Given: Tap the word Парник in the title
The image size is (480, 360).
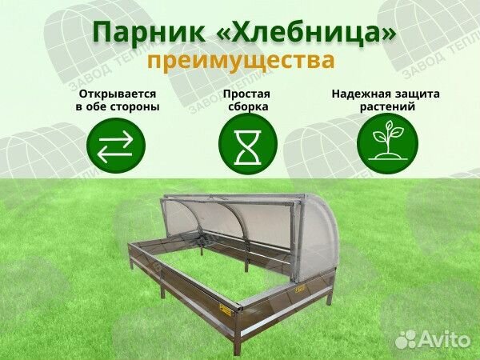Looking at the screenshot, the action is point(149,33).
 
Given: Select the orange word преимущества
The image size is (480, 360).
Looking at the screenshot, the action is point(241,60).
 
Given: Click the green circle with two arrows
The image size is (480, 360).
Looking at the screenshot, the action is point(116,146).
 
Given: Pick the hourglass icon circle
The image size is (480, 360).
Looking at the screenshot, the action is point(248,146).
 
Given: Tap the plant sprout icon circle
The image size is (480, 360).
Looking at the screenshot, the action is point(387,143).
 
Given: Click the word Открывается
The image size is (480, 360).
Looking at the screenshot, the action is point(118,94).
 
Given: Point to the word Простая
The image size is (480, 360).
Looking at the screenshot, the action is point(246,94).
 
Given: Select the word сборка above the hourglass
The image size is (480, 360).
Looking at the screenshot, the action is point(248,106).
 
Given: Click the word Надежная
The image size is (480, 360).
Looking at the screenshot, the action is point(359,94).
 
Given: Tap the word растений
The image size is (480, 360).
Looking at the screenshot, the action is point(387,107).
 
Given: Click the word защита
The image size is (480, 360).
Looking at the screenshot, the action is point(415,94).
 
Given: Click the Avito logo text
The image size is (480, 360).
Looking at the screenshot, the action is point(443,339).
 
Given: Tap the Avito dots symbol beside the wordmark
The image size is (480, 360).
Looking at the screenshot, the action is point(406,339).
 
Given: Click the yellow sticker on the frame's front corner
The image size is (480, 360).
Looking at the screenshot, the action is point(226,310).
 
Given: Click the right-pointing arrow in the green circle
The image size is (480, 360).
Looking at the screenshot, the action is point(116,138).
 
